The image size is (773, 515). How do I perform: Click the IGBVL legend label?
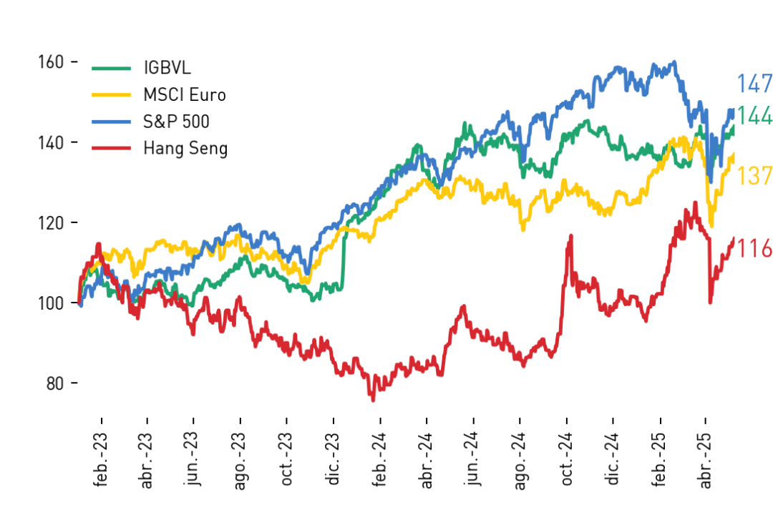click(167, 67)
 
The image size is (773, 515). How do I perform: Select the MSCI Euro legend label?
click(185, 94)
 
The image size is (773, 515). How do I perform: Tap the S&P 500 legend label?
click(176, 121)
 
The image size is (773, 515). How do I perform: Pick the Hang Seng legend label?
click(185, 148)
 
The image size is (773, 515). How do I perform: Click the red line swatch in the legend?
click(111, 148)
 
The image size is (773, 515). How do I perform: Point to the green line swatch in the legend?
click(111, 68)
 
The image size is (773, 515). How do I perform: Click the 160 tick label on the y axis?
click(51, 62)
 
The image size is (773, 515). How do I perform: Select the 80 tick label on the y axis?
click(55, 383)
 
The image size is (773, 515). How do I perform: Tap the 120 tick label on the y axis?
click(51, 222)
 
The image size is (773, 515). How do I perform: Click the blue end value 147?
click(754, 84)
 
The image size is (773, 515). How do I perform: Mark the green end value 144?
click(754, 116)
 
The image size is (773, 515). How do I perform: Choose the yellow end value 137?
click(754, 176)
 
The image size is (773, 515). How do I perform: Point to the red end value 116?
click(754, 248)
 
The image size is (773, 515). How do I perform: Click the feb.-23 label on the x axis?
click(101, 460)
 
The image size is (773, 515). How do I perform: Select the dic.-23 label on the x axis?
click(334, 458)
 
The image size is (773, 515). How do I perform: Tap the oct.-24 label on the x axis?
click(567, 458)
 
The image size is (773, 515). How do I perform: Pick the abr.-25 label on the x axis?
click(706, 461)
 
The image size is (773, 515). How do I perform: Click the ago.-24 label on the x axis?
click(520, 461)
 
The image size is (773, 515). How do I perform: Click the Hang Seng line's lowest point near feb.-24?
click(373, 400)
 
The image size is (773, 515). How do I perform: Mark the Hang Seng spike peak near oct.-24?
click(571, 237)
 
